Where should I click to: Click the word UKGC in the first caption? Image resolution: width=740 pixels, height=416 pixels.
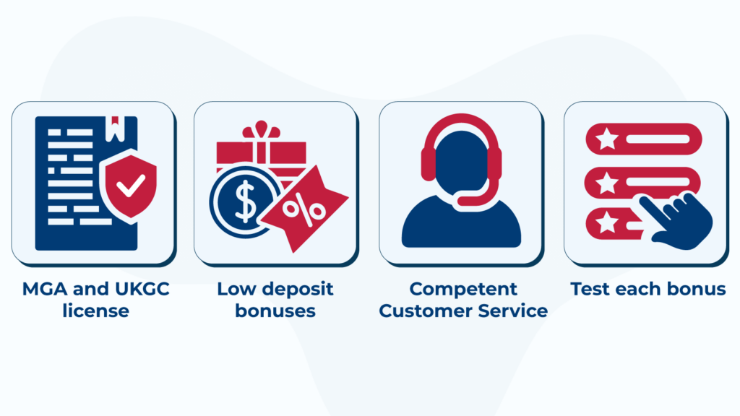(x=130, y=290)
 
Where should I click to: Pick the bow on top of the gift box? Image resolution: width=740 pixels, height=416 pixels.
(x=261, y=131)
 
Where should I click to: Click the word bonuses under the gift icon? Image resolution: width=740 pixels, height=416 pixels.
(x=275, y=311)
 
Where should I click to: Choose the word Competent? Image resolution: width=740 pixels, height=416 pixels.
(x=463, y=290)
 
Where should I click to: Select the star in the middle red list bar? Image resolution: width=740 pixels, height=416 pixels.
(x=606, y=183)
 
